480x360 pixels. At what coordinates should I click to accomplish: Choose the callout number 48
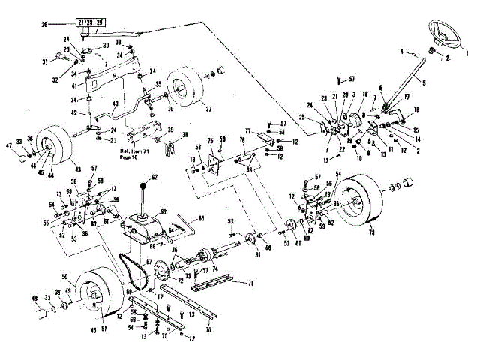tap(33, 298)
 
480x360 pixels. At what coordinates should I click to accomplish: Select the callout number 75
tap(211, 140)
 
